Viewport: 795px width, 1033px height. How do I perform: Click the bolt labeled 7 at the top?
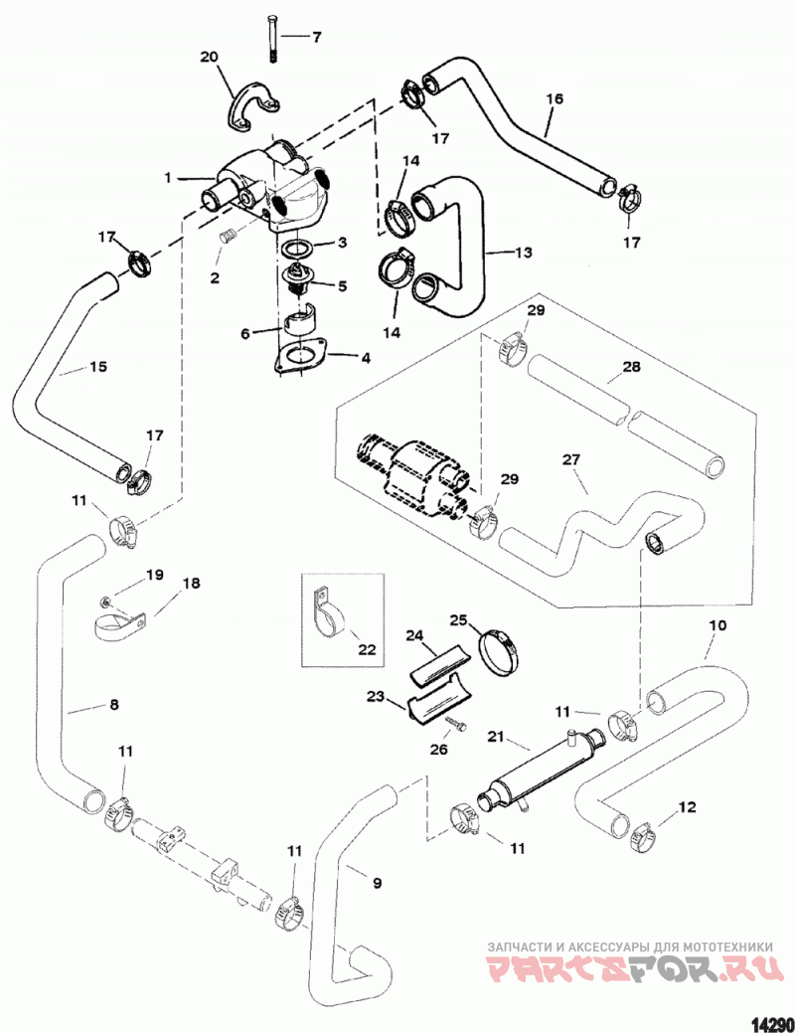272,38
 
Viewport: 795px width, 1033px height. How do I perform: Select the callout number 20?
209,58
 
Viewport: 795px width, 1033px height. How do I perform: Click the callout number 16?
555,98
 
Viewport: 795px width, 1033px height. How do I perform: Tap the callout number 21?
495,737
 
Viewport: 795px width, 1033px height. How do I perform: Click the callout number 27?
571,459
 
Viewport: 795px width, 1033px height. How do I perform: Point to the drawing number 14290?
770,1024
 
